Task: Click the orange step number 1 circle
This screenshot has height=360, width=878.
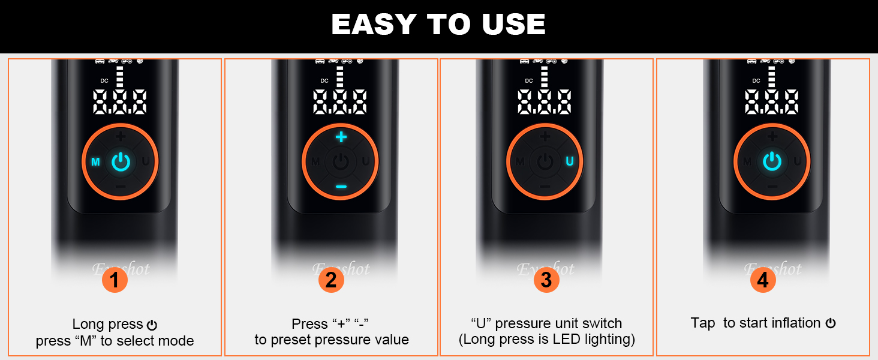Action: click(x=115, y=280)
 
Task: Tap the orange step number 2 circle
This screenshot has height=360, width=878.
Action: click(x=331, y=280)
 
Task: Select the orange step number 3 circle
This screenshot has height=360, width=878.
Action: click(x=546, y=280)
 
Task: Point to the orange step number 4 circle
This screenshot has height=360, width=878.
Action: click(x=763, y=280)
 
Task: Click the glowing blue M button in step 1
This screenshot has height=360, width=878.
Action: click(x=95, y=162)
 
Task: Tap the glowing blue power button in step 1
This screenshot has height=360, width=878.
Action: click(x=121, y=161)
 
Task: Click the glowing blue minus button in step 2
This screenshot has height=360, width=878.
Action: click(x=341, y=187)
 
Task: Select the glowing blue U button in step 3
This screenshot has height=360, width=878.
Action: click(x=570, y=161)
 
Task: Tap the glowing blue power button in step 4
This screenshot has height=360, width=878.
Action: click(x=772, y=161)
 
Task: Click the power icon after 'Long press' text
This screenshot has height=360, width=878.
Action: click(x=152, y=325)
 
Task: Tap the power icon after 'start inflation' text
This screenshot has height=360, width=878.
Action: click(x=831, y=323)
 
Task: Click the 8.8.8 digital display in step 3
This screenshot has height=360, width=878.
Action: click(x=545, y=102)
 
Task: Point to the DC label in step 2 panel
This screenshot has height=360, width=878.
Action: click(x=324, y=80)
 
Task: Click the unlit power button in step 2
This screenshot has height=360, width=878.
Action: click(x=341, y=161)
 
